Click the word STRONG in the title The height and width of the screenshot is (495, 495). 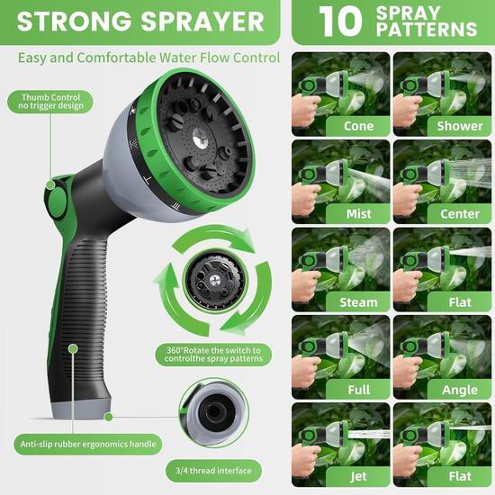pos(75,22)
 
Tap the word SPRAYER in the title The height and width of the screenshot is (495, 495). pos(202,22)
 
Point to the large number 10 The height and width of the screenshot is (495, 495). pos(340,22)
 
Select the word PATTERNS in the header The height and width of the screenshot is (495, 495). pos(427,30)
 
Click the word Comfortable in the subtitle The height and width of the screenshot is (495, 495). pos(116,58)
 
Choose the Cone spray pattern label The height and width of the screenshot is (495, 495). pos(358,126)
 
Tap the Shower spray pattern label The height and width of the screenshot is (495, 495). pos(460,126)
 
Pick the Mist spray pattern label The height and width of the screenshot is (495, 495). pos(358,213)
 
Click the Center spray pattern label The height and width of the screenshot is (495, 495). pos(460,213)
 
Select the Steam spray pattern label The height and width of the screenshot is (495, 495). pos(358,302)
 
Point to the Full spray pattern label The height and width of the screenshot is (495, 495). pos(358,390)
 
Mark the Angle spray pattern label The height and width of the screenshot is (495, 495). pos(460,390)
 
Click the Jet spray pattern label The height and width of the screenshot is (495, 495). pos(358,476)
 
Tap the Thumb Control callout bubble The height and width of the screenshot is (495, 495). pos(50,102)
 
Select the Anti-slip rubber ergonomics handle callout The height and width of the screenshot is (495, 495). pos(88,445)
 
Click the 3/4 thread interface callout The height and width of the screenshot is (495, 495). pos(213,471)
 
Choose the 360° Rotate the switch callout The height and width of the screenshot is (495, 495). pos(213,355)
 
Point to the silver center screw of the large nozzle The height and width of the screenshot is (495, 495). pos(200,138)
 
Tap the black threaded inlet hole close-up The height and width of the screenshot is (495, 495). pos(214,411)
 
